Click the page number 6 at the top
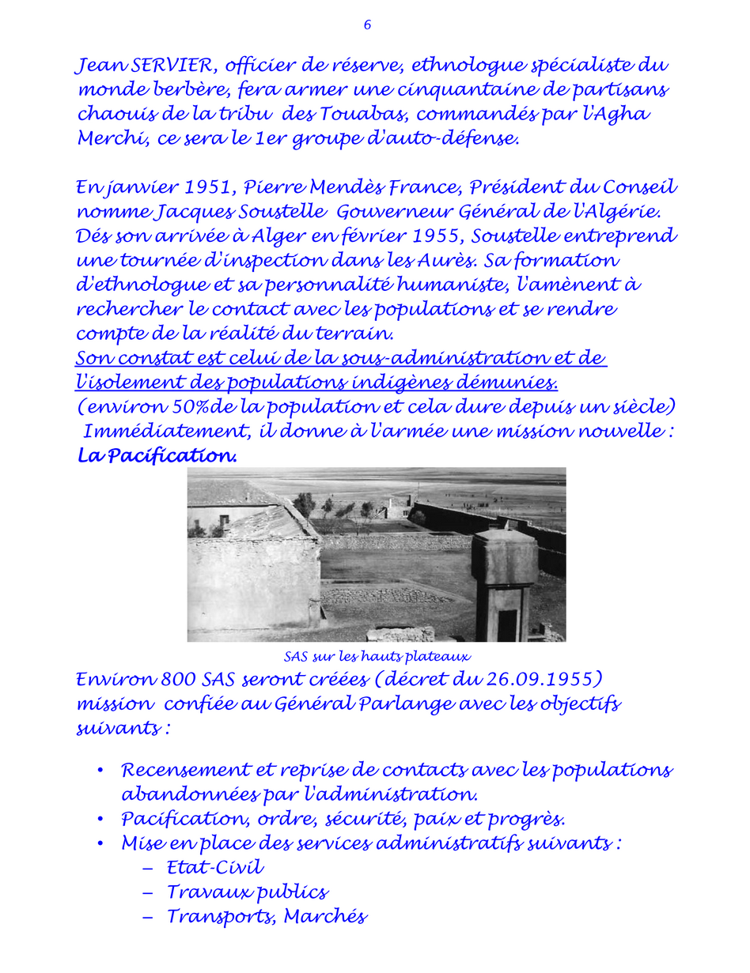[x=367, y=25]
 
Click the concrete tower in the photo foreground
[x=505, y=581]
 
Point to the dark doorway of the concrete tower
[x=506, y=624]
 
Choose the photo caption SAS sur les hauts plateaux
[x=377, y=656]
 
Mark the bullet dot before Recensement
[x=100, y=770]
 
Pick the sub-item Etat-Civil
[x=215, y=868]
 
